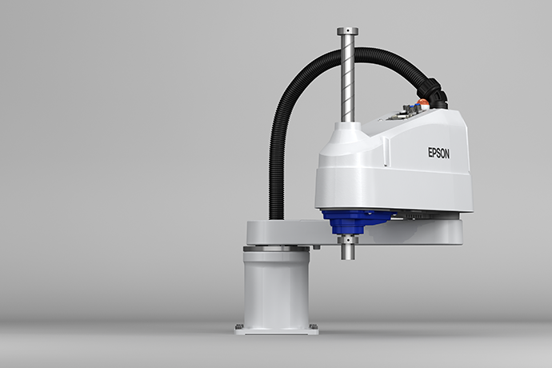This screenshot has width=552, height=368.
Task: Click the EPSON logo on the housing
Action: pos(438,153)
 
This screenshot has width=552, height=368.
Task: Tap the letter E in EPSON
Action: pos(428,153)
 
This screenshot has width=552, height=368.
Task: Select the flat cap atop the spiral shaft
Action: pos(347,31)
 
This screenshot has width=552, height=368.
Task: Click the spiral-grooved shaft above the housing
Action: pos(347,80)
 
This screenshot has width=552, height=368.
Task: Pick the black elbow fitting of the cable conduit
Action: pos(434,92)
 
